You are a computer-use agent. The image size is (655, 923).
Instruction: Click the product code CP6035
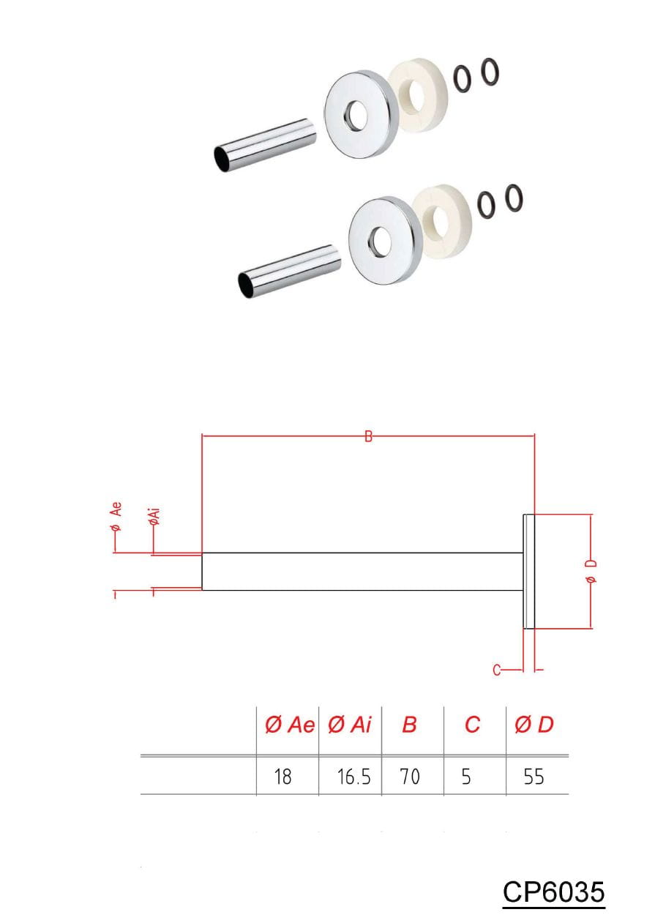coord(554,892)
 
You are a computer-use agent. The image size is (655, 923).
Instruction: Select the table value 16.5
coord(354,777)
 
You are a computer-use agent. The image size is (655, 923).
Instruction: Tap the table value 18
coord(282,777)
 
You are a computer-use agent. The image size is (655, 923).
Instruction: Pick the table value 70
coord(410,777)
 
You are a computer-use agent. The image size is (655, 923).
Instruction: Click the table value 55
coord(534,777)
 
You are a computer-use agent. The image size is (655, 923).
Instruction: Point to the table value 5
coord(466,777)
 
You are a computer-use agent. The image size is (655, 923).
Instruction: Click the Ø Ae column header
coord(290,725)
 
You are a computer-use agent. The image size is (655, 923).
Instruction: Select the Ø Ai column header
coord(350,725)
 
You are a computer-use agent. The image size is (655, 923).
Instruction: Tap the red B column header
coord(409,725)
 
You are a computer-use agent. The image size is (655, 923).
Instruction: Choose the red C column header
coord(472,725)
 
